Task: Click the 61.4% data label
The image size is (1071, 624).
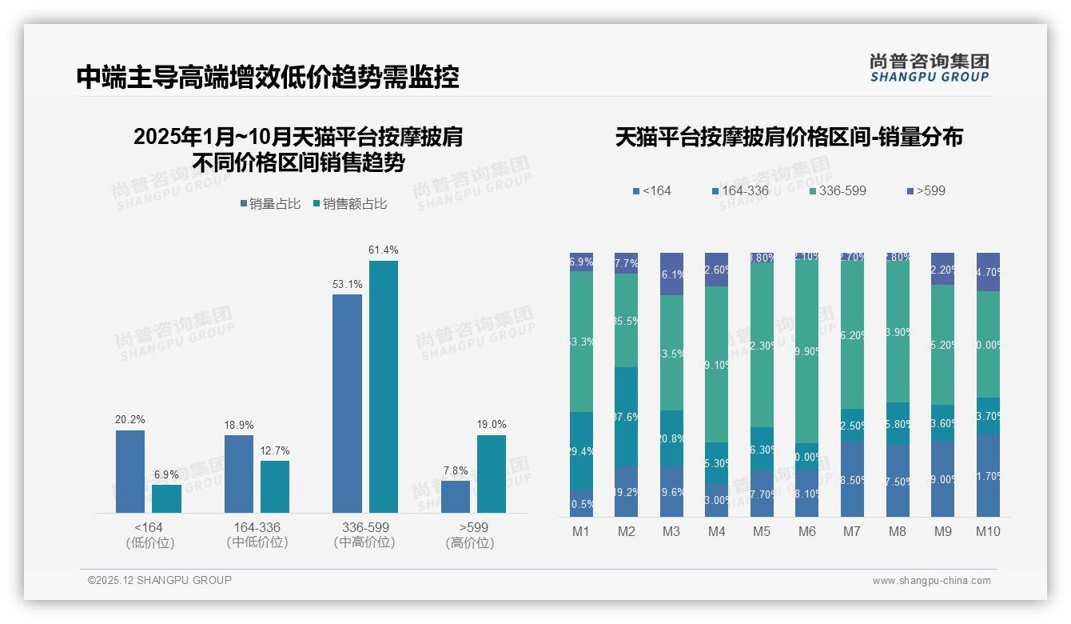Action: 383,250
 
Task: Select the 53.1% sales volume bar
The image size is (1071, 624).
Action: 347,403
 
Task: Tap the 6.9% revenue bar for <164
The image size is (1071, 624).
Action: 166,498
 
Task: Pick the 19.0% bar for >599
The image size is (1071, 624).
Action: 492,474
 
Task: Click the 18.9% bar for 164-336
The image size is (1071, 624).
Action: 239,474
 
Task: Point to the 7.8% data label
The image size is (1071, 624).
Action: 456,470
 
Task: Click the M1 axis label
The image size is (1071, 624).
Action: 581,531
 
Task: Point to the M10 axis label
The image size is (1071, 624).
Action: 988,531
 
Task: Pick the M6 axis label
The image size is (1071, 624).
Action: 806,531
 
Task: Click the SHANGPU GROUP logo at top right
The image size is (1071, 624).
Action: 929,67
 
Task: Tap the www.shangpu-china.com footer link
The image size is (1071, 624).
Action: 931,581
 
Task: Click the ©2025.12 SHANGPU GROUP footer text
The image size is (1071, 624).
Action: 160,580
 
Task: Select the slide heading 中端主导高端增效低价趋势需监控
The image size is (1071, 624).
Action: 268,78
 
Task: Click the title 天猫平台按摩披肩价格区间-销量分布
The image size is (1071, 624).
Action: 789,137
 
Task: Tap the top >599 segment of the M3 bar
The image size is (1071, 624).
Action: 671,274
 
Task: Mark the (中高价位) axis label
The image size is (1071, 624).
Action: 364,542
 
